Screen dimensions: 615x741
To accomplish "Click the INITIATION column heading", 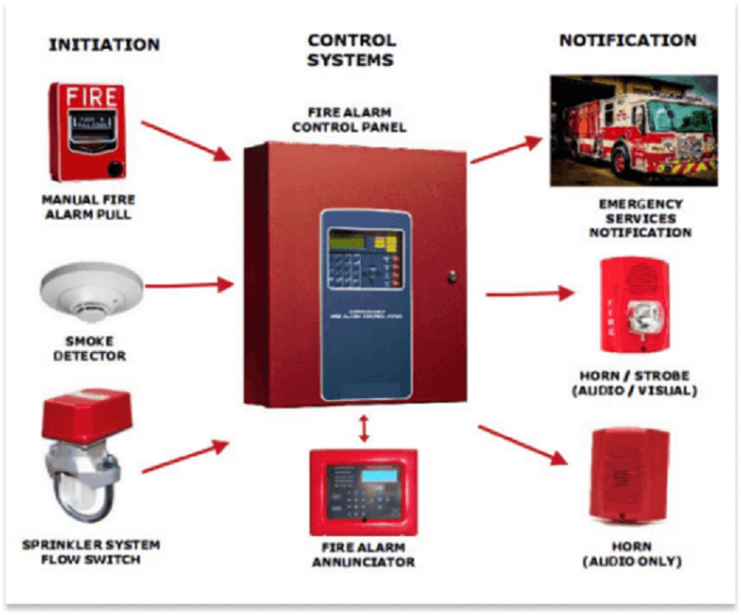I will click(104, 44).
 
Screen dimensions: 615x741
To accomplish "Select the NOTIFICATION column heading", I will click(627, 40).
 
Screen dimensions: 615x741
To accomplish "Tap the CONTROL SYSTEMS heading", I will click(351, 51).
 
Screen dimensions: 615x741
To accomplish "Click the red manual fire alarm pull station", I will click(87, 131).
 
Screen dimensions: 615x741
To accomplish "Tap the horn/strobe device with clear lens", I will click(632, 305).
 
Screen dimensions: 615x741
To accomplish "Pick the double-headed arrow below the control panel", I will click(362, 429).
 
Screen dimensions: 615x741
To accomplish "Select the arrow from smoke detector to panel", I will click(189, 284).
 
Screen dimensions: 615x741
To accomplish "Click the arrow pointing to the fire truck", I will click(507, 150).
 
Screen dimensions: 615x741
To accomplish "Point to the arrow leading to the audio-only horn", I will click(522, 445).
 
